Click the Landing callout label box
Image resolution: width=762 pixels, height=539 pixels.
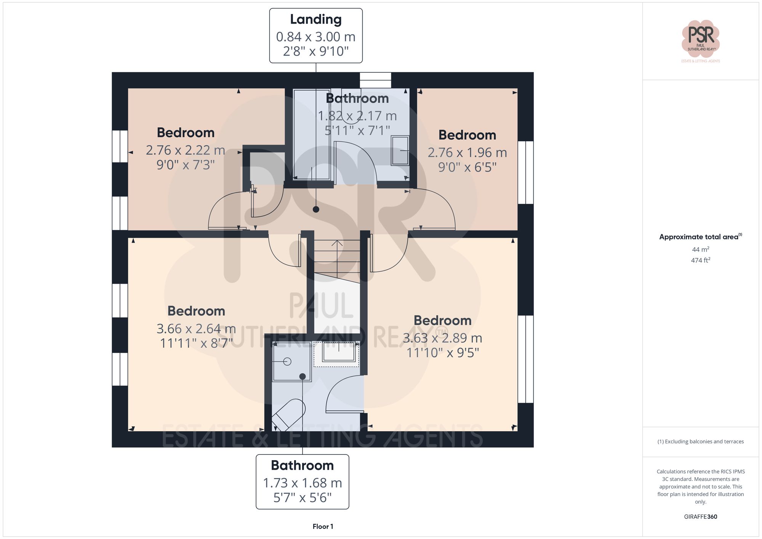click(x=316, y=35)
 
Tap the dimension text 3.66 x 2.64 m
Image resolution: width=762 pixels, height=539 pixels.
click(x=196, y=328)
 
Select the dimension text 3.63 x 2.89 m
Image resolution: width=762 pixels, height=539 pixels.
click(x=442, y=338)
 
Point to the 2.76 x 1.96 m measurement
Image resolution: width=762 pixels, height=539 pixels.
click(x=467, y=152)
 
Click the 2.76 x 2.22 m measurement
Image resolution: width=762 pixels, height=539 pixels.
click(x=186, y=150)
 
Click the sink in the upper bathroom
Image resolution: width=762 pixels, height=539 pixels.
click(x=400, y=151)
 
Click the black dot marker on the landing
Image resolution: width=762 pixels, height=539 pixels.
click(x=316, y=209)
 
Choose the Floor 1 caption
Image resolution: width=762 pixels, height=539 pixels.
click(x=323, y=526)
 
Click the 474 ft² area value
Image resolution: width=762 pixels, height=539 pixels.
click(x=700, y=260)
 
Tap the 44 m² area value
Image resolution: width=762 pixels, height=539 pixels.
click(x=700, y=250)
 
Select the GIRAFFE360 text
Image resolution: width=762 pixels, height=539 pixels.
click(x=700, y=517)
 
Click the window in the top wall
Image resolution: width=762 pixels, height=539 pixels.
click(x=375, y=80)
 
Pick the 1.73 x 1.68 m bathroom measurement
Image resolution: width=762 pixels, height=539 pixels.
click(x=302, y=483)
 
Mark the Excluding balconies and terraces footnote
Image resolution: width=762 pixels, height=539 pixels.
click(x=700, y=441)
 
